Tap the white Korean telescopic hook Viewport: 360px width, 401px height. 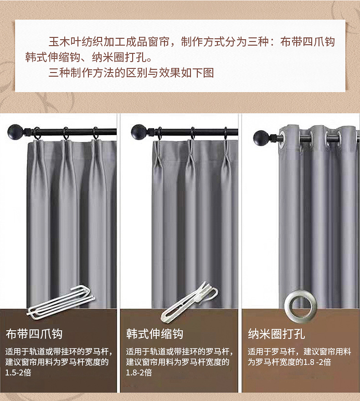pos(187,301)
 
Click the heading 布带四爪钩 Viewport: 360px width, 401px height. pos(34,334)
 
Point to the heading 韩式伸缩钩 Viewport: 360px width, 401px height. pos(155,334)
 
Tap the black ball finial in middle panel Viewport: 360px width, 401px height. pos(139,132)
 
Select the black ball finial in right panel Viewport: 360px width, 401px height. pos(260,136)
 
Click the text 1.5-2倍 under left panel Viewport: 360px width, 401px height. pos(19,373)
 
